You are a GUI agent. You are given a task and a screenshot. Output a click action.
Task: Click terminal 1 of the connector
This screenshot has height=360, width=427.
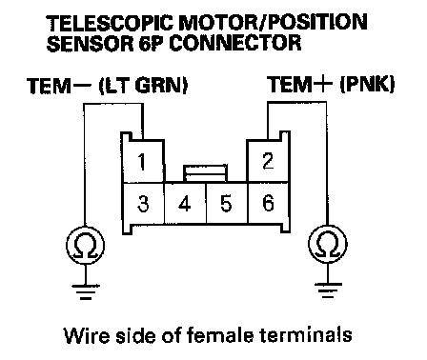pos(143,161)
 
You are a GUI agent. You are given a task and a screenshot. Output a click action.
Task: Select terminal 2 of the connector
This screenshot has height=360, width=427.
pos(268,161)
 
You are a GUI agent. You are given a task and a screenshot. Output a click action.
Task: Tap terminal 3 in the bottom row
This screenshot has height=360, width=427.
pos(144,203)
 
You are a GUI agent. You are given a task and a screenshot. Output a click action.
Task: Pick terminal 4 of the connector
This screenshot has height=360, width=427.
pos(185,203)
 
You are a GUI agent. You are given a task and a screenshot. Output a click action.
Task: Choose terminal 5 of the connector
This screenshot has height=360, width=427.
pos(227,203)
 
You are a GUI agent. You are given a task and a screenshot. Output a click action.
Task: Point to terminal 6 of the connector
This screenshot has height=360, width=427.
pos(268,203)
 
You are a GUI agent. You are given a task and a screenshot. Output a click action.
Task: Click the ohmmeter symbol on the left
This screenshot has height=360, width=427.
pos(85,246)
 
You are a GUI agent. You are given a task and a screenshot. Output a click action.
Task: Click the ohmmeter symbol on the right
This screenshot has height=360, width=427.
pos(328,244)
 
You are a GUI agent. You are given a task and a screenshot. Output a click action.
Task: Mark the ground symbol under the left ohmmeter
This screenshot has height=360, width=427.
pos(86,292)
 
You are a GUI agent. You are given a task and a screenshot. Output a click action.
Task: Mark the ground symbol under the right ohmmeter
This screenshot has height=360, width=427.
pos(328,290)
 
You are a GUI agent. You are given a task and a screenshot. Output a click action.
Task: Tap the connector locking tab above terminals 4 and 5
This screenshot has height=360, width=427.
pos(205,173)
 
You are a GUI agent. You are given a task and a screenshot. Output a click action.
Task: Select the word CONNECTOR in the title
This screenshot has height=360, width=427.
pos(235,43)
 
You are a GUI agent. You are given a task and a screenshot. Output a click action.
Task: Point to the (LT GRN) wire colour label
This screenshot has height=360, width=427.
pos(143,86)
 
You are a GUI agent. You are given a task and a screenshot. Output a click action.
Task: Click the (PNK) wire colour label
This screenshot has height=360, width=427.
pos(367,85)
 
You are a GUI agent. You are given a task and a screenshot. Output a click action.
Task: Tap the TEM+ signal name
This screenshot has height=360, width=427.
pos(299,85)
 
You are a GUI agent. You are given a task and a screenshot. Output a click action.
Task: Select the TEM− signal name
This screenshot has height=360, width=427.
pos(59,86)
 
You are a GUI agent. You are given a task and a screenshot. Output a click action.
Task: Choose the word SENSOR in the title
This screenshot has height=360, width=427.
pos(91,43)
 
